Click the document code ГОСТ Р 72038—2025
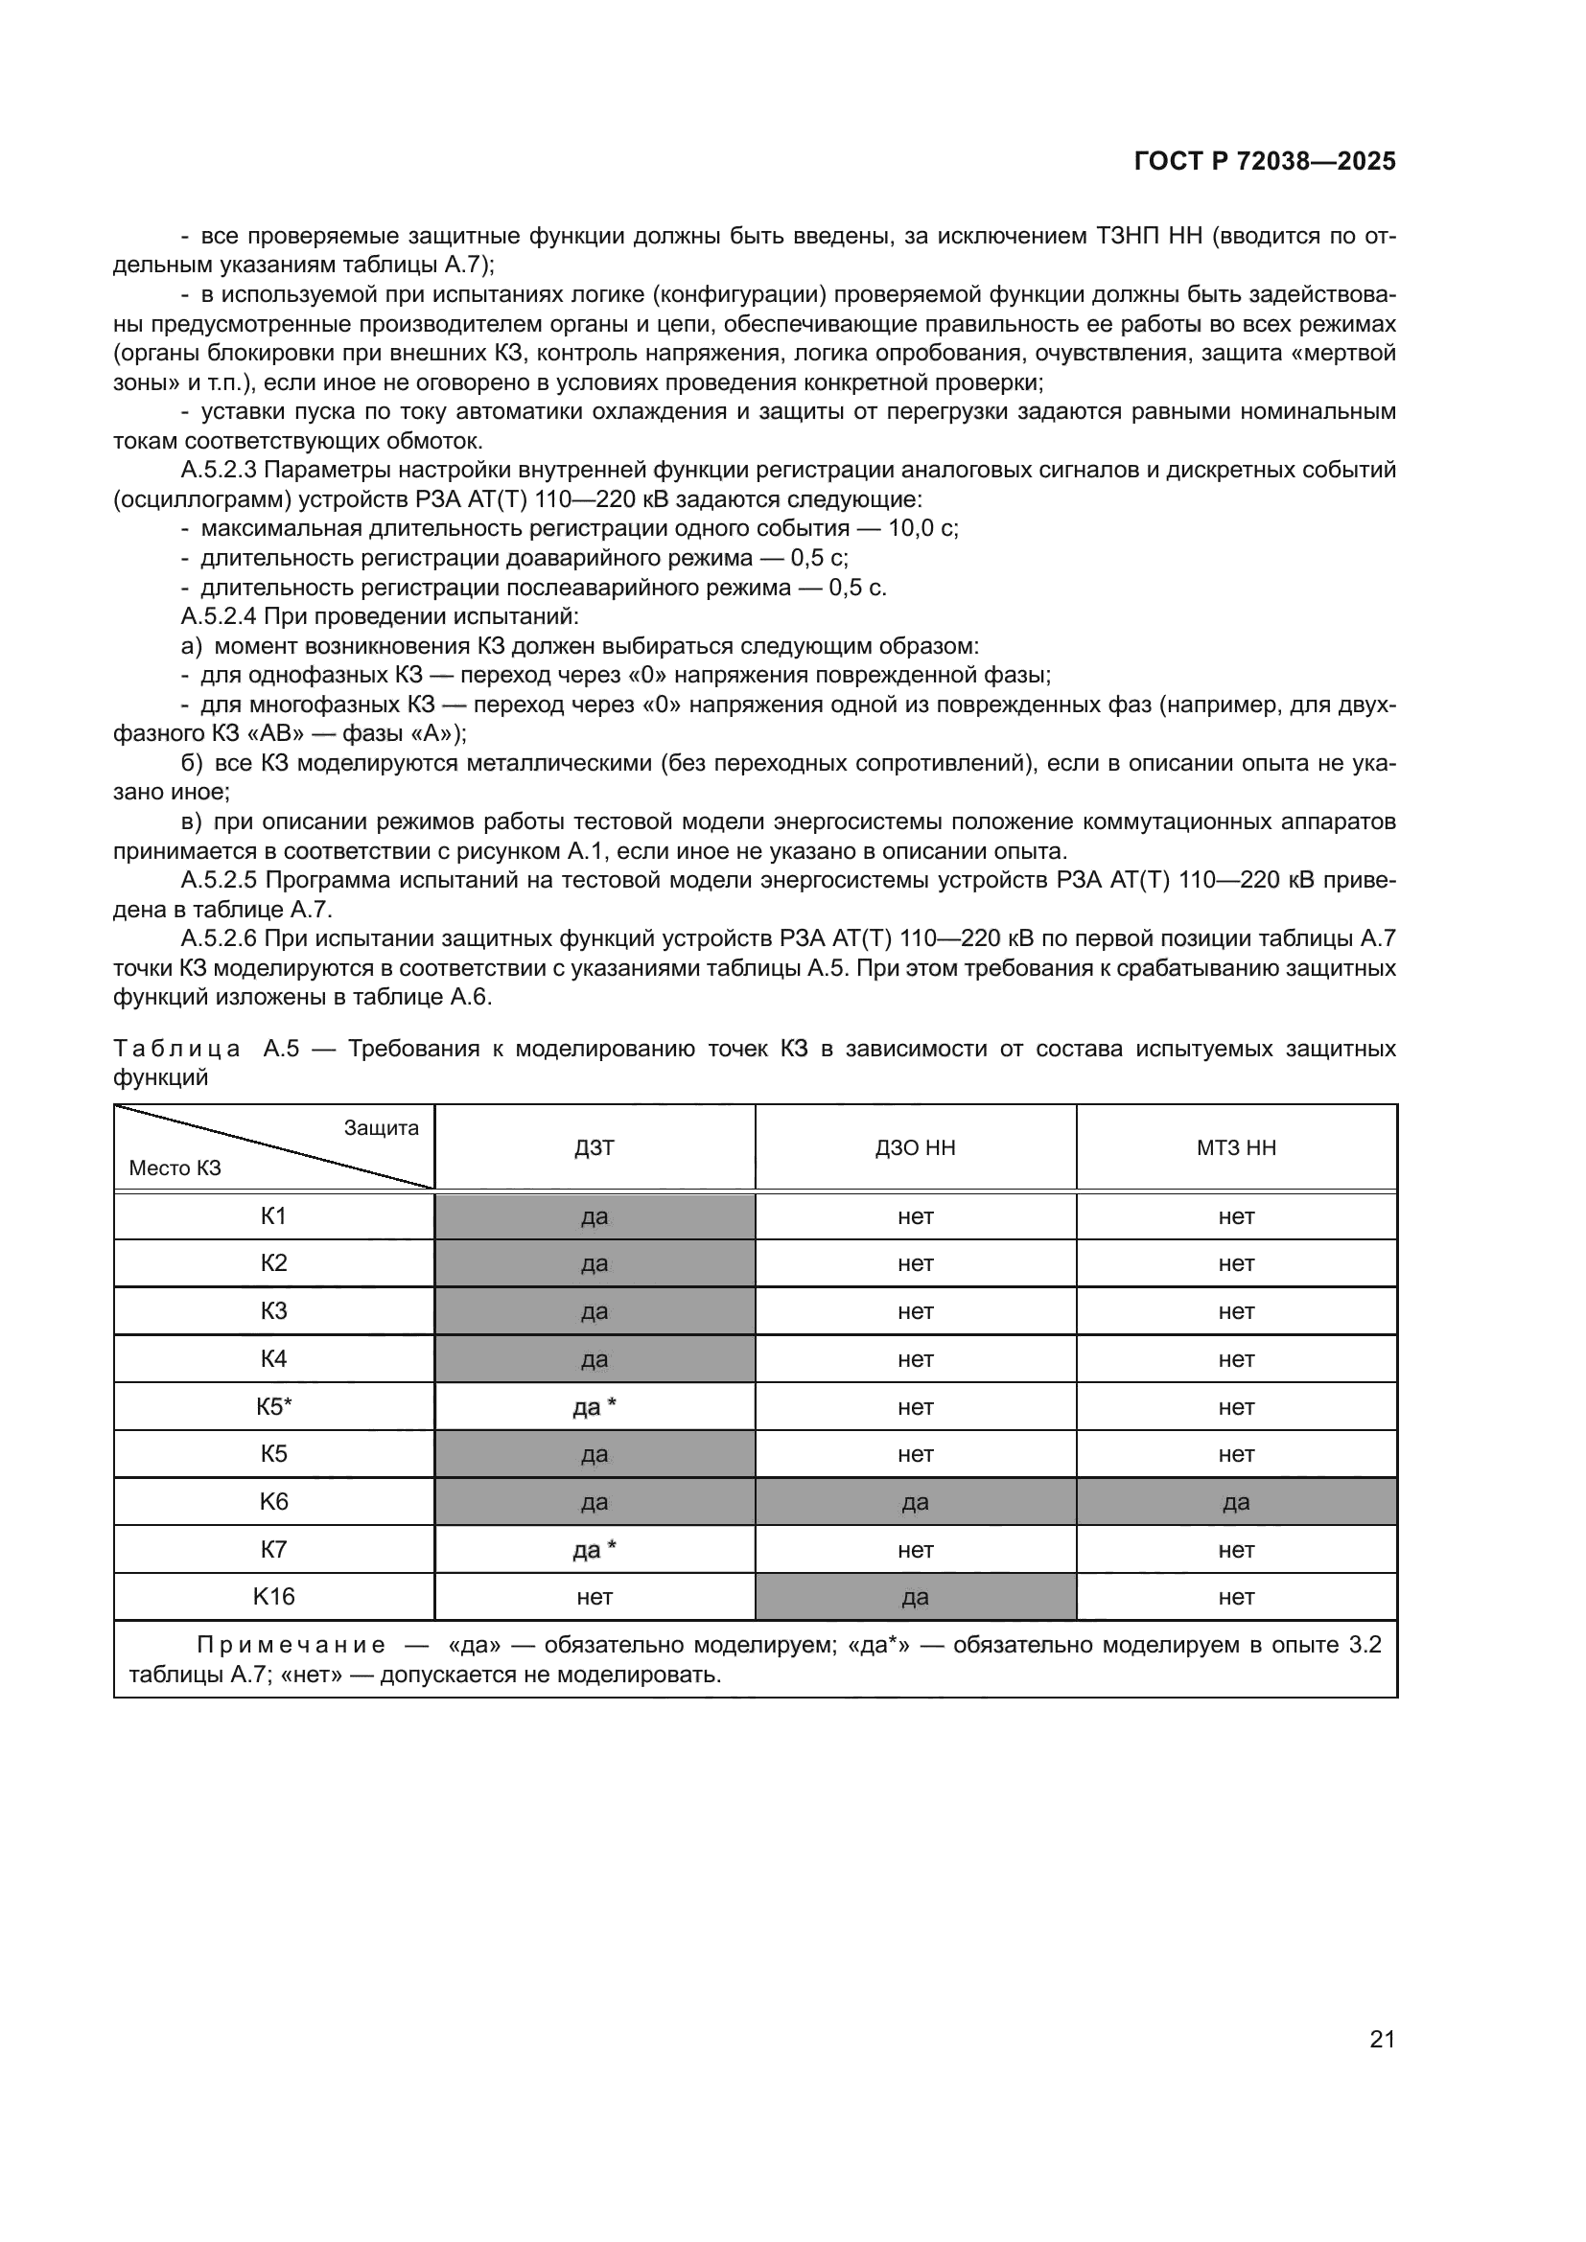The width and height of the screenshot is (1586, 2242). pyautogui.click(x=1265, y=161)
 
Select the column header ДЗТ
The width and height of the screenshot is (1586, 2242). pyautogui.click(x=594, y=1147)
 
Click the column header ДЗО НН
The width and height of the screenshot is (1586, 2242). pyautogui.click(x=915, y=1147)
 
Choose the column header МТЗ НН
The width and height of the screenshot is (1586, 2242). pyautogui.click(x=1235, y=1147)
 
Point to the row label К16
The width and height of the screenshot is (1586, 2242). pyautogui.click(x=273, y=1597)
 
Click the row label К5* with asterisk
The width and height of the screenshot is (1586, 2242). pyautogui.click(x=273, y=1406)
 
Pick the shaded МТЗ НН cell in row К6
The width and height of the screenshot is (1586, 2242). pyautogui.click(x=1235, y=1502)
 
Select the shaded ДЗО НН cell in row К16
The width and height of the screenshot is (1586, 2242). pyautogui.click(x=915, y=1598)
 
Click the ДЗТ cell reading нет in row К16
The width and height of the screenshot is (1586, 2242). pyautogui.click(x=594, y=1598)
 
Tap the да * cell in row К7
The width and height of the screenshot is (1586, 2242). pyautogui.click(x=594, y=1550)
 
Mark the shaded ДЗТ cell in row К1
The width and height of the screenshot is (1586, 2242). pyautogui.click(x=594, y=1216)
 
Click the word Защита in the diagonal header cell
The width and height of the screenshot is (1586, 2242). pyautogui.click(x=381, y=1128)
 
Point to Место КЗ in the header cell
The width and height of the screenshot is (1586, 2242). pyautogui.click(x=175, y=1167)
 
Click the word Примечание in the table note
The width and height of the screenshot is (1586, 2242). pyautogui.click(x=292, y=1646)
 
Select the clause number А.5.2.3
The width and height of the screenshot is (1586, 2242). pyautogui.click(x=219, y=470)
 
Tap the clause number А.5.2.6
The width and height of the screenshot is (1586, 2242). pyautogui.click(x=219, y=938)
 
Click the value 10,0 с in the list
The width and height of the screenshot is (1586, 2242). pyautogui.click(x=921, y=528)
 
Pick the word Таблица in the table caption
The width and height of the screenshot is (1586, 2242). pyautogui.click(x=176, y=1049)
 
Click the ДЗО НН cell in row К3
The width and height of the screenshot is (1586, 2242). pyautogui.click(x=915, y=1311)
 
